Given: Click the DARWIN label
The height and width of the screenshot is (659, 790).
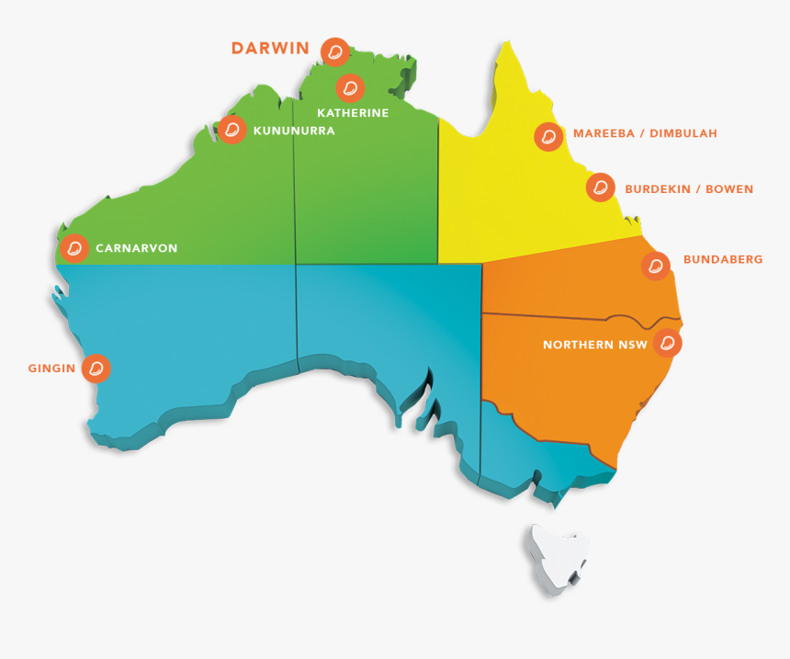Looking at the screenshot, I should (x=270, y=49).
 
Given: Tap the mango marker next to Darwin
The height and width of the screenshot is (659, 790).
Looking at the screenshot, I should (x=335, y=51).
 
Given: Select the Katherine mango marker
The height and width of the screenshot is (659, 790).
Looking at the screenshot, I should (x=350, y=88).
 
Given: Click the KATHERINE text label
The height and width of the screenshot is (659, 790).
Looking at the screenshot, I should (x=353, y=113).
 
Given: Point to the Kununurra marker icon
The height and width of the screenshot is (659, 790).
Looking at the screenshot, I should (x=232, y=130).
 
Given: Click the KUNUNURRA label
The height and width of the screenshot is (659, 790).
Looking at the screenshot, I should (x=293, y=131).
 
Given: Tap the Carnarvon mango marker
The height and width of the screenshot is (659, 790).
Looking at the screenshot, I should (x=74, y=248).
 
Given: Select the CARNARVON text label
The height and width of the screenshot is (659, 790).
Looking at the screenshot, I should (x=137, y=248).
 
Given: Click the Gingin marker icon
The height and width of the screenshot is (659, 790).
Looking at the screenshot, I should (x=96, y=369).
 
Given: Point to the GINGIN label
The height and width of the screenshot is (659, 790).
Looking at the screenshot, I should (x=51, y=369).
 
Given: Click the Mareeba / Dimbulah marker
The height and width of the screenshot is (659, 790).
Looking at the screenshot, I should (x=548, y=137).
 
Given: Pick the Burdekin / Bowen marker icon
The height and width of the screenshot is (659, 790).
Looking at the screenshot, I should (x=601, y=187).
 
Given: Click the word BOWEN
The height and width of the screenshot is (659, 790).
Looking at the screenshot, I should (x=730, y=189).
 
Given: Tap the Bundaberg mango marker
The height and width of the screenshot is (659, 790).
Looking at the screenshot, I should (x=655, y=266).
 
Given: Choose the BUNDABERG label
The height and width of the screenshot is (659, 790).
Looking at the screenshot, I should (x=723, y=260).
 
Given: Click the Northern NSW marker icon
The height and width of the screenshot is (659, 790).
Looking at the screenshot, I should (x=668, y=344).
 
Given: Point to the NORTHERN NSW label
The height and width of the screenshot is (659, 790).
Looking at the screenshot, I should (x=594, y=346).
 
